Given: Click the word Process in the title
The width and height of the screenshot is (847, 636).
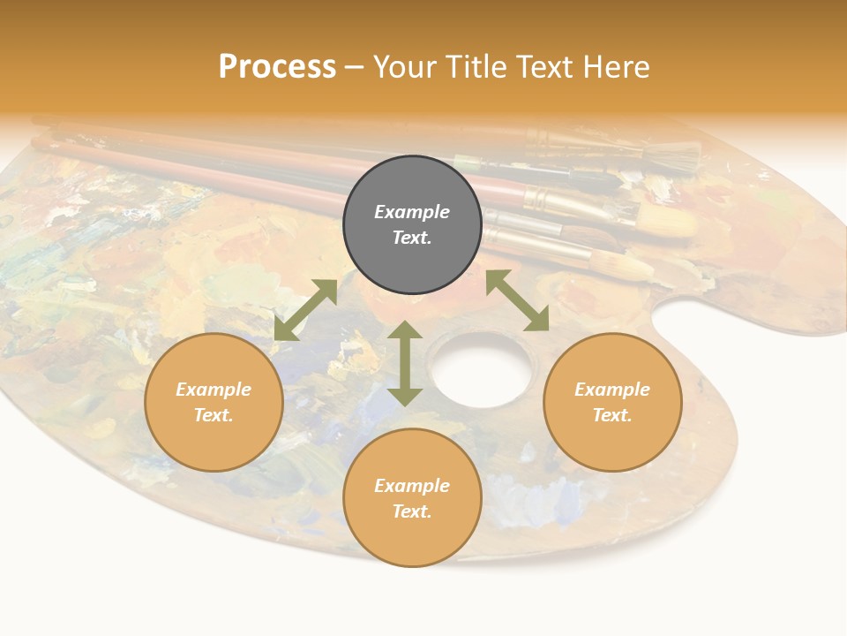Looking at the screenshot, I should [x=277, y=67].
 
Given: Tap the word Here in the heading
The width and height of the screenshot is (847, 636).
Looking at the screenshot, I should [x=618, y=67].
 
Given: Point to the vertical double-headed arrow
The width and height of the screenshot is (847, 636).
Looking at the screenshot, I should [x=405, y=363].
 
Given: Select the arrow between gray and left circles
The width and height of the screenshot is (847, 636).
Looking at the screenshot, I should [x=305, y=310].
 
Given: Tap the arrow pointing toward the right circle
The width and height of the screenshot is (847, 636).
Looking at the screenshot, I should [x=517, y=301].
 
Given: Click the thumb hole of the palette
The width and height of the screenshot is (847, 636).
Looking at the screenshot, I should [x=482, y=368].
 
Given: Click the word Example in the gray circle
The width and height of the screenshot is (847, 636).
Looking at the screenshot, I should [x=412, y=212].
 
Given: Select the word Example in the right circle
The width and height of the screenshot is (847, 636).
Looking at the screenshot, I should [x=612, y=390].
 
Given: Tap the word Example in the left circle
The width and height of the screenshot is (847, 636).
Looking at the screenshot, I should [x=214, y=390].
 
